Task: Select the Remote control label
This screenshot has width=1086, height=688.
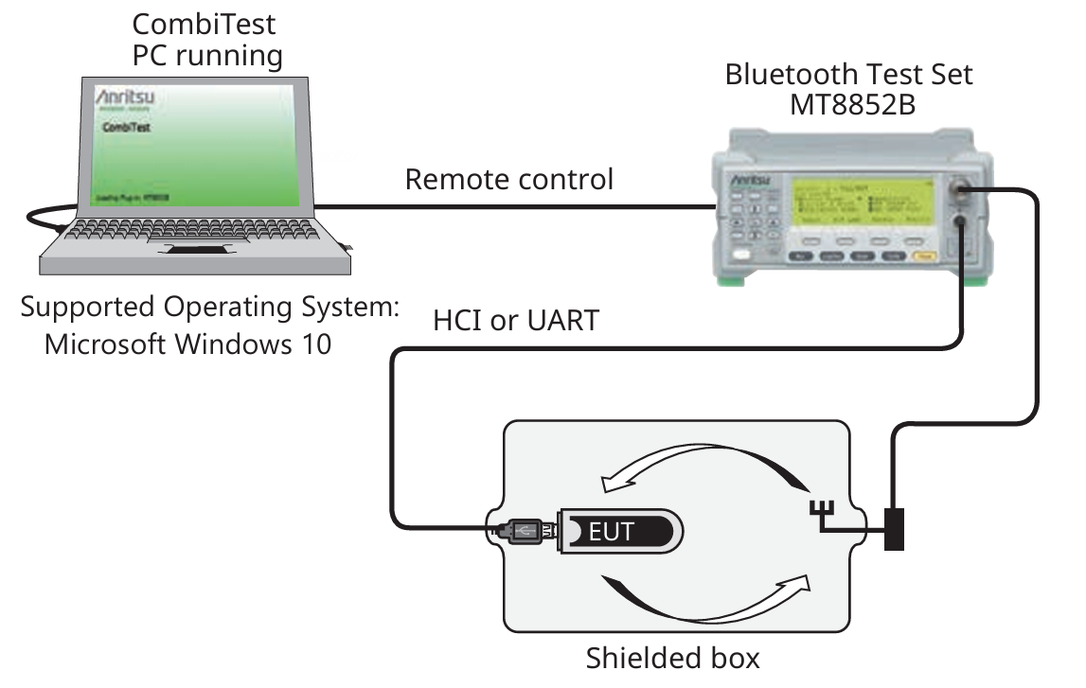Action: pyautogui.click(x=509, y=179)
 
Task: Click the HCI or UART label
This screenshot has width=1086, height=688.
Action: pyautogui.click(x=516, y=321)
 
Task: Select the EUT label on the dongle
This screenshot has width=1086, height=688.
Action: pyautogui.click(x=612, y=531)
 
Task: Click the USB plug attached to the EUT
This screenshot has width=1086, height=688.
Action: pyautogui.click(x=524, y=531)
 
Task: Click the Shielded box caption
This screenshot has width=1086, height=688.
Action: pyautogui.click(x=672, y=657)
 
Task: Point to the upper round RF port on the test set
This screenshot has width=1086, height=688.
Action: pyautogui.click(x=962, y=192)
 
